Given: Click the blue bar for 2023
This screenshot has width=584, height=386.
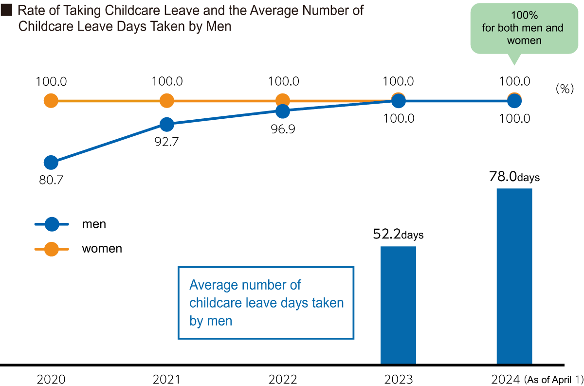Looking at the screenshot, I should [398, 305].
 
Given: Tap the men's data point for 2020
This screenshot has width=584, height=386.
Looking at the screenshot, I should [51, 163].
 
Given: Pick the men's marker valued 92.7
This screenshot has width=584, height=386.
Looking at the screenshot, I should [166, 125].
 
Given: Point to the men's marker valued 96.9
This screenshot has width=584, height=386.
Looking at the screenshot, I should [282, 111].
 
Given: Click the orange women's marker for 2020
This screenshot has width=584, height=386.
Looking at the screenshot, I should [51, 101].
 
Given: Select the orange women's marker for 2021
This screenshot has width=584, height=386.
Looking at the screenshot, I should [166, 101].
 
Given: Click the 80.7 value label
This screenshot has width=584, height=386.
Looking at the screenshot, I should [51, 180].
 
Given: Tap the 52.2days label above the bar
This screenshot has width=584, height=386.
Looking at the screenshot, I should [398, 235].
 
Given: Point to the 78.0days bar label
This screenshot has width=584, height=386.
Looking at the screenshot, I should [514, 178].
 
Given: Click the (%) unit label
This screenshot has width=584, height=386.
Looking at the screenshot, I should [565, 89].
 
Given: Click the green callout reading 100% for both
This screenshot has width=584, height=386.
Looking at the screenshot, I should [523, 29].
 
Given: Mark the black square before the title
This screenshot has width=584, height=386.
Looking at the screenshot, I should [7, 11].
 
